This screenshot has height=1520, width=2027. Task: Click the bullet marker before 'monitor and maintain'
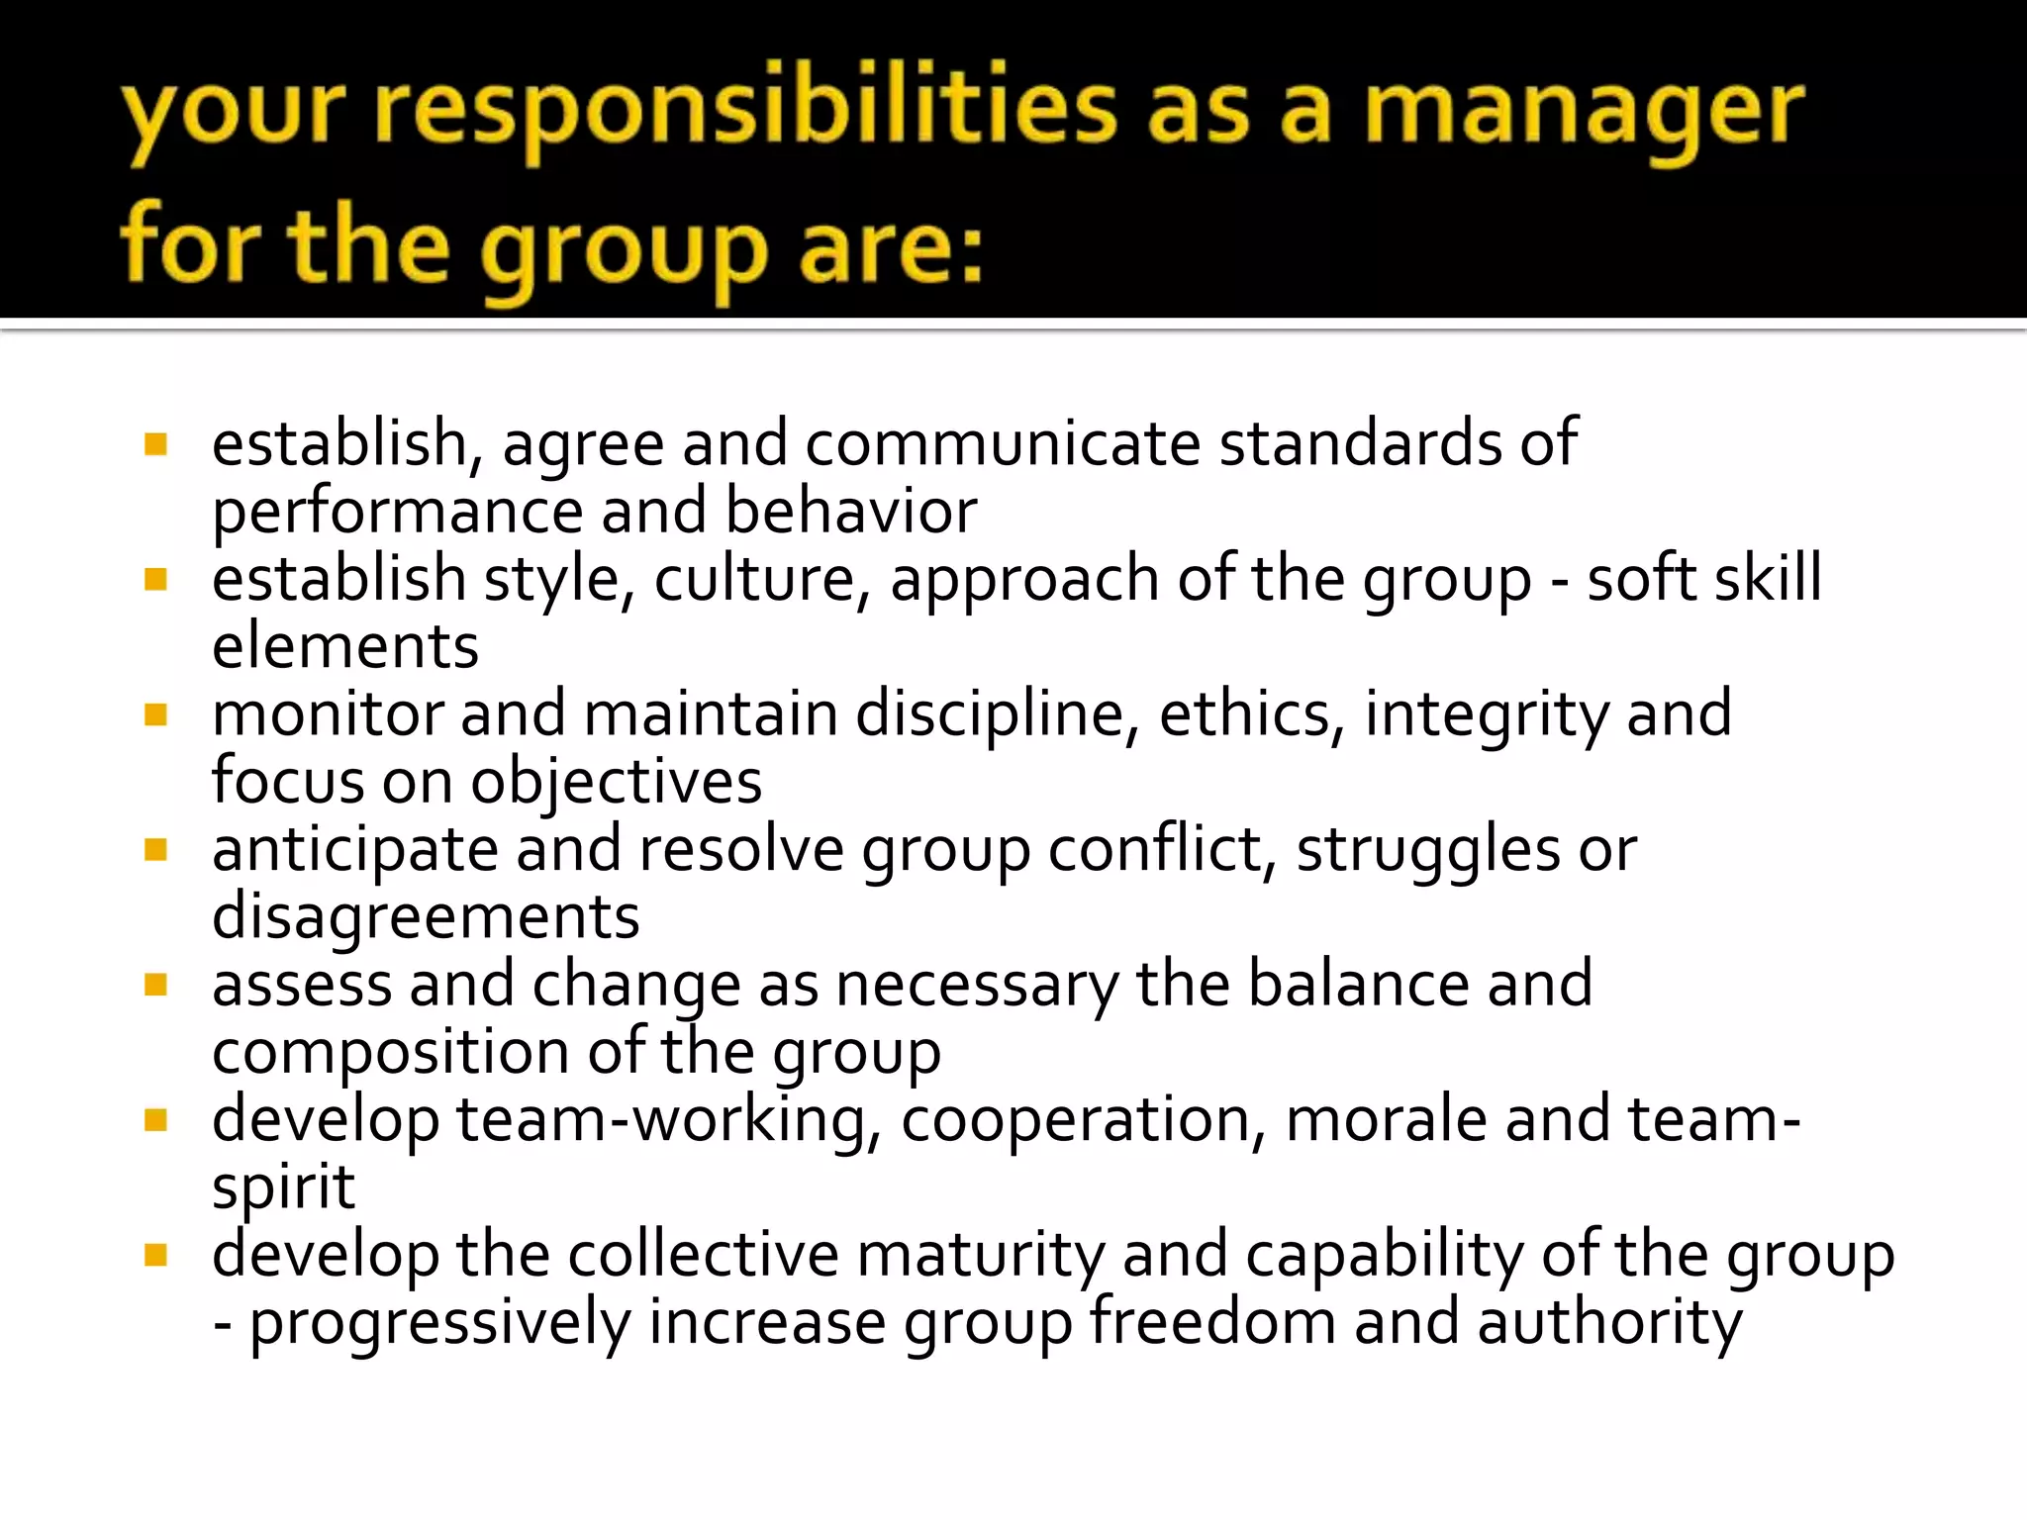(155, 714)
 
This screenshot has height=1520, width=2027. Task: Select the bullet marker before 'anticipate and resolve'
(155, 850)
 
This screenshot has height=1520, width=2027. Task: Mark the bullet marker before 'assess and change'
(155, 985)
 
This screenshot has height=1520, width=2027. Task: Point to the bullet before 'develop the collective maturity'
(155, 1256)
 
